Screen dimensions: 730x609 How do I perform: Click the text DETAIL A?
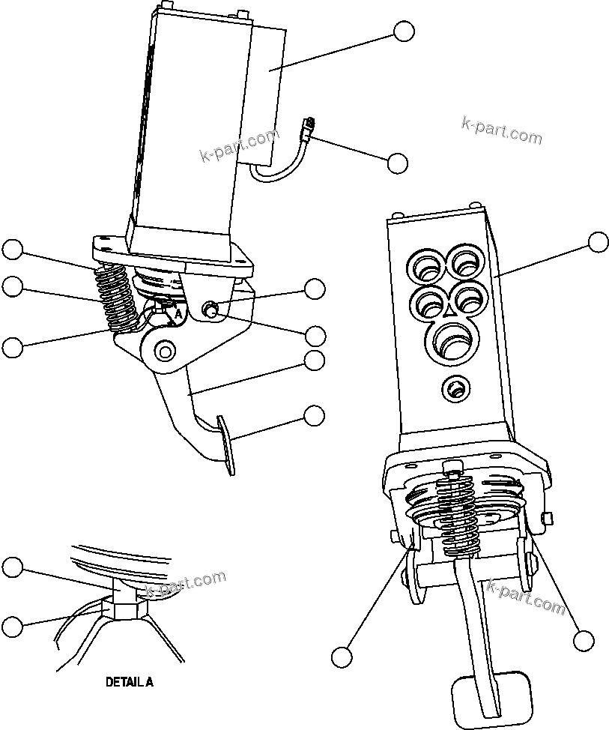coord(129,683)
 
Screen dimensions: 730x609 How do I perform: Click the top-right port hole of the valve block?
coord(467,262)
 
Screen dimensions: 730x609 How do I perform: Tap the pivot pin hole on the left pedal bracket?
coord(163,349)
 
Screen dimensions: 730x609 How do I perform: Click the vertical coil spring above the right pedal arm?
coord(459,517)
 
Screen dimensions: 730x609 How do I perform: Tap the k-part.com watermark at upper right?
coord(502,133)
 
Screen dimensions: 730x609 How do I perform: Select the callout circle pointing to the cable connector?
coord(397,163)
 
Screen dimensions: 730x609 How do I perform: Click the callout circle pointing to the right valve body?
coord(598,242)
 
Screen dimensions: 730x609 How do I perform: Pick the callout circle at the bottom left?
coord(12,626)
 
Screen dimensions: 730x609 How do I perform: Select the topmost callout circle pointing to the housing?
coord(403,31)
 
